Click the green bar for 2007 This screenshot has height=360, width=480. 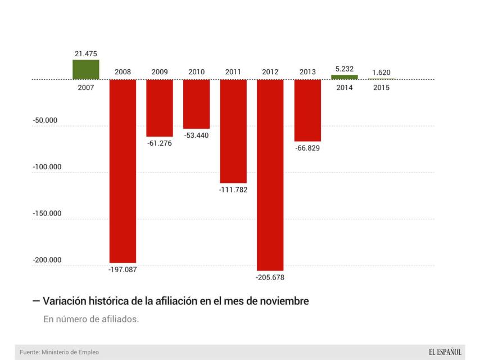coord(86,69)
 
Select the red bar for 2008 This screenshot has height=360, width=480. coord(123,171)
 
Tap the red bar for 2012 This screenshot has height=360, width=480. coord(270,175)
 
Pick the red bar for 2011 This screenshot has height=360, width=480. coord(233,131)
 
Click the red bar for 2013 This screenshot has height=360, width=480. coord(307,110)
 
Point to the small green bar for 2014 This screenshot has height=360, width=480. coord(345,77)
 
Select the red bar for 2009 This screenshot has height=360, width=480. coord(160,108)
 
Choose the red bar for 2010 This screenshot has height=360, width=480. coord(197,104)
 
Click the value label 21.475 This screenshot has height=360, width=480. coord(86,53)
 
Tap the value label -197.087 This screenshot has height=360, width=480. coord(123,269)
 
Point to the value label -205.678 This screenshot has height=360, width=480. coord(270,277)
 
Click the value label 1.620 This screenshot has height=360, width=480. coord(381,73)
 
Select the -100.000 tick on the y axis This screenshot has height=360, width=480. coord(47,167)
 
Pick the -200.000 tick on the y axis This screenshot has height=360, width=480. coord(47,260)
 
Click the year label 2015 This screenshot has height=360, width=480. coord(381,87)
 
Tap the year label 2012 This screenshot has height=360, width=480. coord(270,72)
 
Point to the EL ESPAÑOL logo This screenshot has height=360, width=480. coord(445,352)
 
